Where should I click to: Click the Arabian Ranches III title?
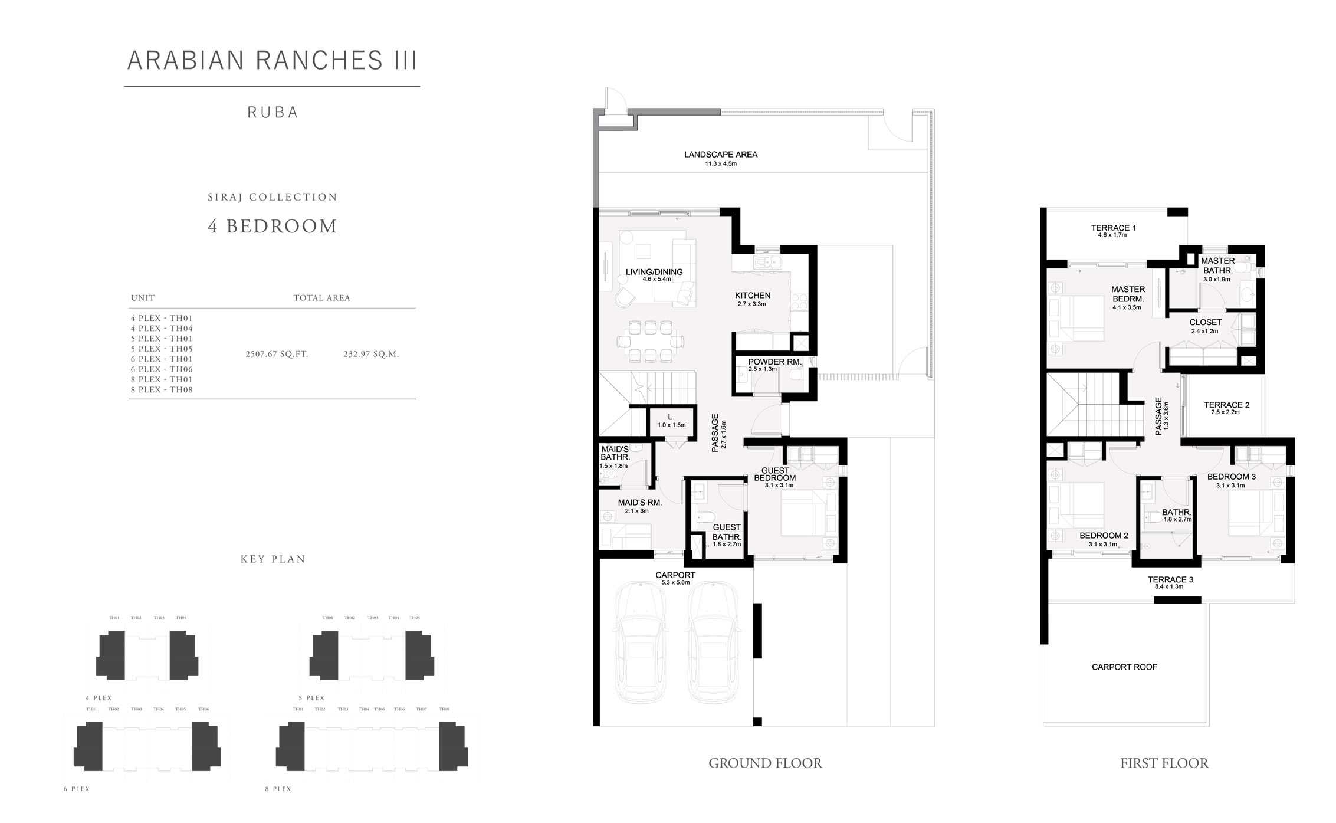tap(273, 60)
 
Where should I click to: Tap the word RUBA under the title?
tap(273, 112)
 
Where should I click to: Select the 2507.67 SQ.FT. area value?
tap(277, 355)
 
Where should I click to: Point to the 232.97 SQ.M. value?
tap(371, 355)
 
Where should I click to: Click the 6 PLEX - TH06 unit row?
tap(162, 369)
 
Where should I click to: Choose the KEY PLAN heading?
tap(273, 559)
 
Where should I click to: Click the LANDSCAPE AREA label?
tap(720, 155)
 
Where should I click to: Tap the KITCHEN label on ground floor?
tap(752, 296)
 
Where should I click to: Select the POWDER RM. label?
tap(774, 362)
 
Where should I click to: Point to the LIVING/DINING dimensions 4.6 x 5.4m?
tap(656, 280)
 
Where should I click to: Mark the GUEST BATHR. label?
tap(726, 532)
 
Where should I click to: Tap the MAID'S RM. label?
tap(639, 503)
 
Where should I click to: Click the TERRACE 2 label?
tap(1226, 405)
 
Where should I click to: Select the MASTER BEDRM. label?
tap(1128, 294)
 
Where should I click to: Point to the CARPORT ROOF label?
tap(1124, 667)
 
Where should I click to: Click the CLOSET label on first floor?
tap(1205, 323)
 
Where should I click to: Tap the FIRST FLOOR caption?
tap(1164, 763)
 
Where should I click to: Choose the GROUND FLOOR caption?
tap(764, 763)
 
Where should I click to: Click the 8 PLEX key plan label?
tap(278, 789)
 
